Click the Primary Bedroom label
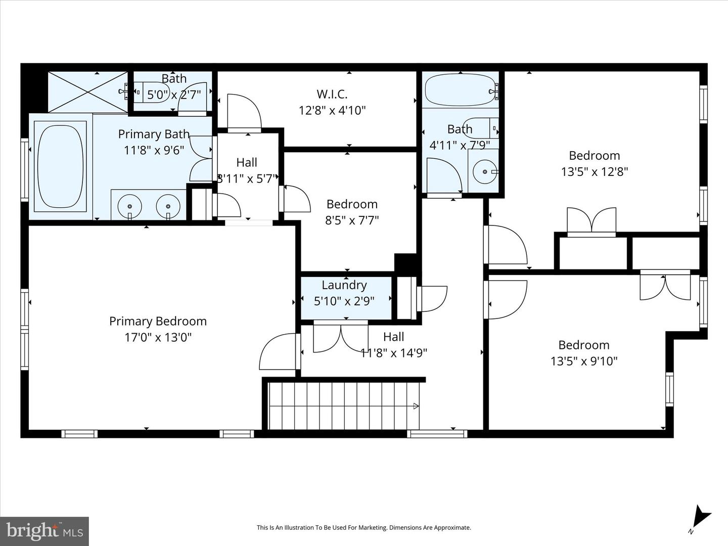[158, 322]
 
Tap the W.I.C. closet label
[332, 94]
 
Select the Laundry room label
[344, 285]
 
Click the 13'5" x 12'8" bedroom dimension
[594, 172]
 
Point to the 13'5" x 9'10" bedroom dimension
[584, 361]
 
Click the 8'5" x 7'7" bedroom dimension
[352, 220]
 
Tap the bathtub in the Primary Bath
[61, 166]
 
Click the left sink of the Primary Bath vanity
[130, 206]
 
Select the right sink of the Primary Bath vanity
[168, 206]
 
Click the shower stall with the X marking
[88, 92]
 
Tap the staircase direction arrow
[416, 406]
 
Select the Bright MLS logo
[44, 531]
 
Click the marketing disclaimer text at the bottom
[363, 528]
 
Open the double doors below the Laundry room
[341, 337]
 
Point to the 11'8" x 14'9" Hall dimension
[394, 353]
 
